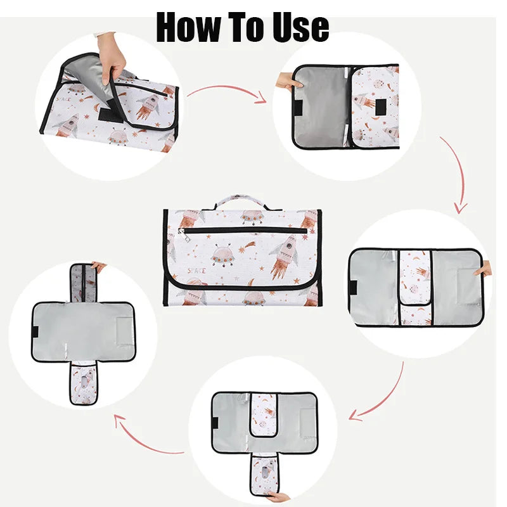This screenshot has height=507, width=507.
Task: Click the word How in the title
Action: (188, 27)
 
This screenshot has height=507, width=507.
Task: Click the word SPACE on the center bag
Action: (197, 271)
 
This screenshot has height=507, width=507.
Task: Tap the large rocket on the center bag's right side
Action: (285, 256)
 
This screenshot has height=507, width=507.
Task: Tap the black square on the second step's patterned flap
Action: (381, 107)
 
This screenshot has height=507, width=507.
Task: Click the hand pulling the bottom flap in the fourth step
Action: (278, 496)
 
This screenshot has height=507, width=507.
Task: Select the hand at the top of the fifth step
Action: (98, 266)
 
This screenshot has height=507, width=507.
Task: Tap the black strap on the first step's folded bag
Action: (110, 114)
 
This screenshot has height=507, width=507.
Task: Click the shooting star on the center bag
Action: (247, 247)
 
